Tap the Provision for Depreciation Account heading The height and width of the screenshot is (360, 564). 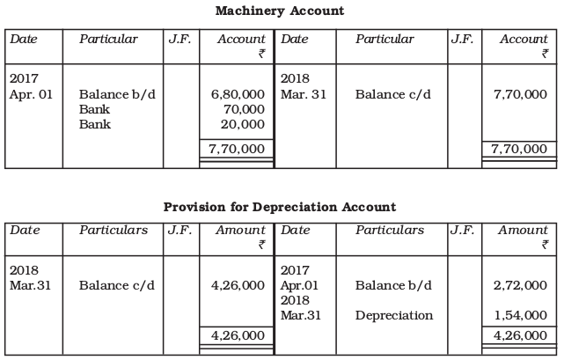click(x=280, y=207)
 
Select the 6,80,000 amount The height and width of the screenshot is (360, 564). click(x=238, y=94)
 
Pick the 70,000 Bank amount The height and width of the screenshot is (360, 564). click(x=245, y=109)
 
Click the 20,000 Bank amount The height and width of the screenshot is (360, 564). click(x=245, y=124)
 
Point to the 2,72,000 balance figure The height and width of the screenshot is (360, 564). click(x=520, y=285)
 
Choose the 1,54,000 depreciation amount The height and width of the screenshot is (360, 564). click(x=520, y=315)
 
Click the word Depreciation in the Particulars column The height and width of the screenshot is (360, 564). click(x=394, y=315)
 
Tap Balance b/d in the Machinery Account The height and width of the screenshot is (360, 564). click(x=117, y=94)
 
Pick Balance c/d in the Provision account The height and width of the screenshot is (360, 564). click(x=117, y=285)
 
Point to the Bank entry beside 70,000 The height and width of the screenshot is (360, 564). click(x=94, y=109)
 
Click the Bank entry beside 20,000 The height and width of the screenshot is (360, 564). click(x=94, y=124)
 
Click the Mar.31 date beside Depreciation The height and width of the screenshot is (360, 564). click(x=300, y=315)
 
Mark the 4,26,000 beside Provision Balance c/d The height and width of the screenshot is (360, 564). click(x=238, y=285)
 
